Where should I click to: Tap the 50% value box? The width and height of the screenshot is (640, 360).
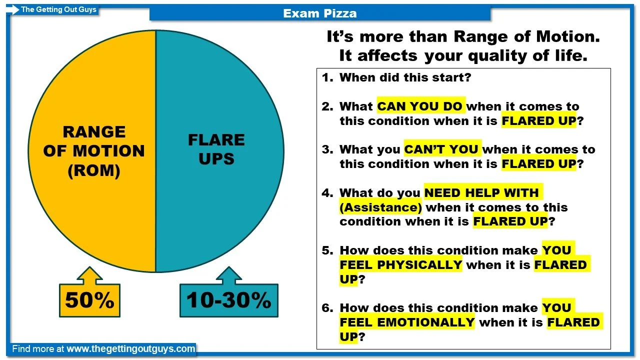click(89, 300)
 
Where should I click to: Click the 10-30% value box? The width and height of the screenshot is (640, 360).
click(228, 300)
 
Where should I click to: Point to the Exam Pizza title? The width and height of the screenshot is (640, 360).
click(320, 13)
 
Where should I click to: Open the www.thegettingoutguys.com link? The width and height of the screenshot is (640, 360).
click(130, 349)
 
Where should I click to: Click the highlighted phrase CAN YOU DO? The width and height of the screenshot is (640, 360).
click(420, 106)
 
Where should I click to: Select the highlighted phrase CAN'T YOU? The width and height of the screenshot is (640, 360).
click(442, 149)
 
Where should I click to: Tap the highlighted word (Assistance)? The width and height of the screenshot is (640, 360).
click(380, 207)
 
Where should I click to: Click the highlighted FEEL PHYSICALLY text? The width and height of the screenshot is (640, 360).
click(401, 264)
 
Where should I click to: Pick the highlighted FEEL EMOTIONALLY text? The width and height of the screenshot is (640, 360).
click(407, 322)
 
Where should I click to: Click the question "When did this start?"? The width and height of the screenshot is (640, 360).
click(405, 77)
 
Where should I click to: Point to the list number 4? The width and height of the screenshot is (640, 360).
click(327, 192)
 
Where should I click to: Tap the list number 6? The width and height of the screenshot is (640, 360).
click(327, 307)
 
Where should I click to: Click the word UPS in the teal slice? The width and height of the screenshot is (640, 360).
click(216, 158)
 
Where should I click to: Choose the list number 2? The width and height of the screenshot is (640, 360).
click(327, 106)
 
